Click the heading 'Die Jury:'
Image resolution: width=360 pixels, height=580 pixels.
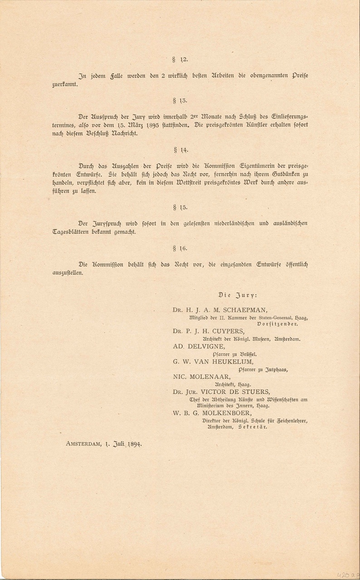coord(238,295)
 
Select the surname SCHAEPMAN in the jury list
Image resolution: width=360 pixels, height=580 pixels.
coord(245,310)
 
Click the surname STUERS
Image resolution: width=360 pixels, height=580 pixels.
coord(254,392)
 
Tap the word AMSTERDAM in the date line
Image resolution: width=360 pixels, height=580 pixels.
coord(83,444)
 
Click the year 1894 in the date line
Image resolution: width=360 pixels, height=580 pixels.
coord(134,444)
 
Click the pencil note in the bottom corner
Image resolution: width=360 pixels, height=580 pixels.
coord(347,574)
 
